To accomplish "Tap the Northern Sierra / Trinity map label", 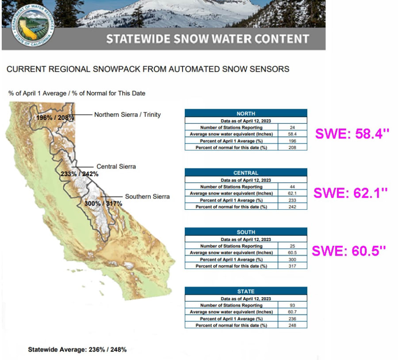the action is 127,115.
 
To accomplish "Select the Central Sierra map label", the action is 116,166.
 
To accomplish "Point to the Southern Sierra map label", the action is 147,196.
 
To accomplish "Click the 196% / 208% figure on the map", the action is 55,118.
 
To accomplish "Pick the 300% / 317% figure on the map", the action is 103,203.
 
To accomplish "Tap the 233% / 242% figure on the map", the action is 80,174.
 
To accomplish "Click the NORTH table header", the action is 246,113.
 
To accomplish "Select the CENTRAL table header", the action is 246,172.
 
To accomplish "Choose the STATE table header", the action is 246,291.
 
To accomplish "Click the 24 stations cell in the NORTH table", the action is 292,127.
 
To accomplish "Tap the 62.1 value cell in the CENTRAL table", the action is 292,193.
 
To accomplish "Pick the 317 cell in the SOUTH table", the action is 292,266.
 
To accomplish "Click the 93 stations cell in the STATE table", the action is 292,305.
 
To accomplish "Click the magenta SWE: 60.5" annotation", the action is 349,251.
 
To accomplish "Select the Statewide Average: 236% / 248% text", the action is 77,349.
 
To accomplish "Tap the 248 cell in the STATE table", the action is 292,325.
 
